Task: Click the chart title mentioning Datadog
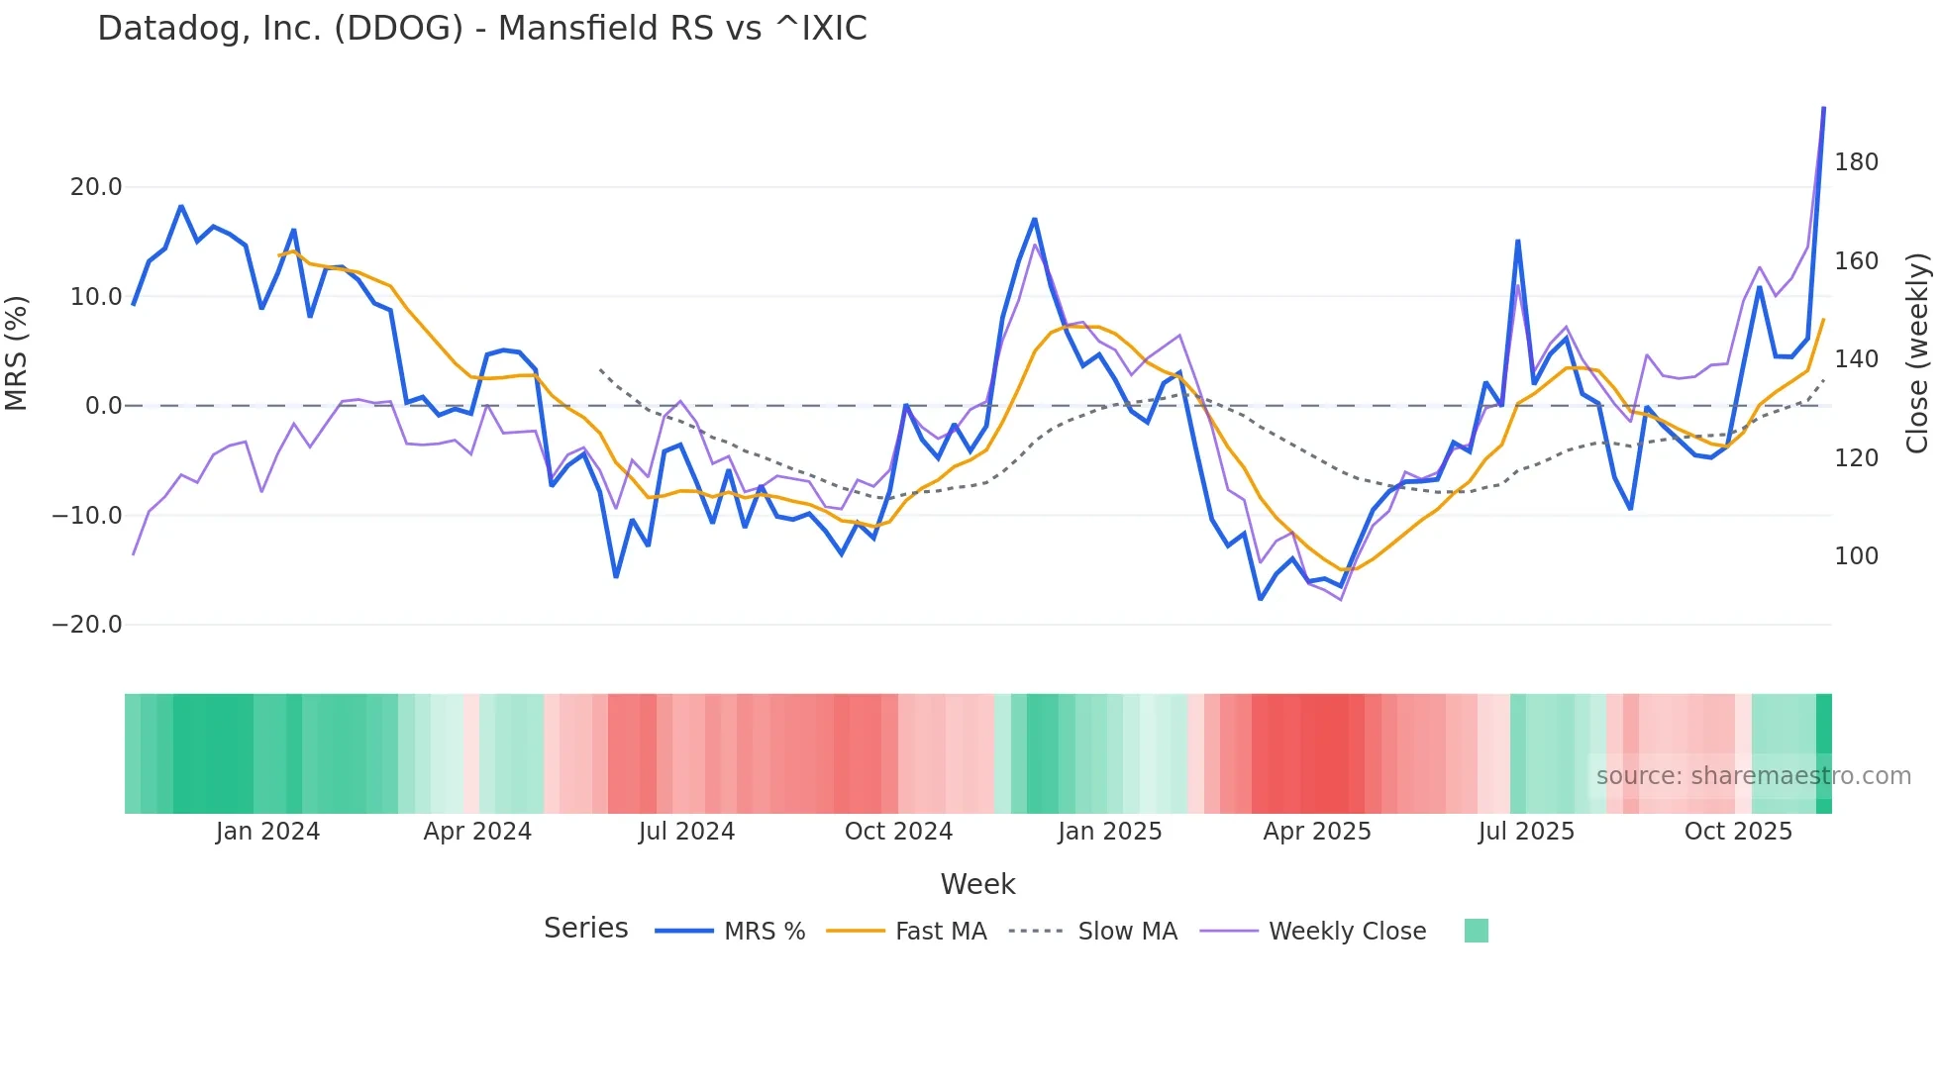point(481,29)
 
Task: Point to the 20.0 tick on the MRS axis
point(96,187)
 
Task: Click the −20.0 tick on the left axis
point(87,625)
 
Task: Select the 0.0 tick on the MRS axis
point(104,406)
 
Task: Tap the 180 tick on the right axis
point(1856,162)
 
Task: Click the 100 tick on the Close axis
point(1856,556)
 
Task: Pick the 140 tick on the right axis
point(1856,359)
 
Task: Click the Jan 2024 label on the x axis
point(267,832)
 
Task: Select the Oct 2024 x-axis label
point(898,832)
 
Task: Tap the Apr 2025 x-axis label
point(1317,832)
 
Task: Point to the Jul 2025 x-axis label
point(1526,832)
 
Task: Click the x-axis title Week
point(977,884)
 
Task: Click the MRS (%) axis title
point(17,352)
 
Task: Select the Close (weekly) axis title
point(1918,353)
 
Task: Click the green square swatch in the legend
point(1476,931)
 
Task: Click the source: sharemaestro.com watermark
point(1753,776)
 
